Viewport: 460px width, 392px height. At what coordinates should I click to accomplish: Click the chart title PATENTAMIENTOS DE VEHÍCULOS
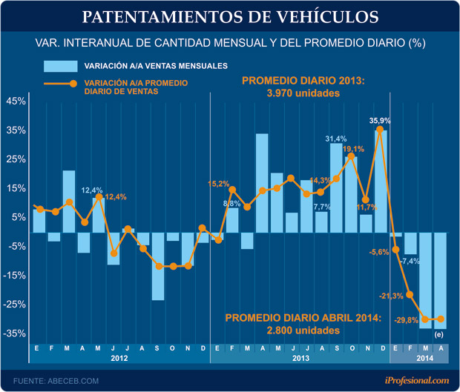229,17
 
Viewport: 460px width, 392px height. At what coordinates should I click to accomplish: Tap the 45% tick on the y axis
16,102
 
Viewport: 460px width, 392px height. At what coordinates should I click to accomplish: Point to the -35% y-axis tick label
15,333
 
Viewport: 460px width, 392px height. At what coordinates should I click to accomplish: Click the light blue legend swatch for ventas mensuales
60,66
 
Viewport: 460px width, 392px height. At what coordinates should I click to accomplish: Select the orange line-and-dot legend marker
60,83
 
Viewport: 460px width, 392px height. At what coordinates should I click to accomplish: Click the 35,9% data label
380,120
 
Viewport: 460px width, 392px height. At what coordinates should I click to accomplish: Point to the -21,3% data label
390,296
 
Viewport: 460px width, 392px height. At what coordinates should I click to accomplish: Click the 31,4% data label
336,139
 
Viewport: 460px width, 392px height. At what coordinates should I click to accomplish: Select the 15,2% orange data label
220,183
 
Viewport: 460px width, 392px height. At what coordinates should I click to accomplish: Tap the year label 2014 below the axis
419,358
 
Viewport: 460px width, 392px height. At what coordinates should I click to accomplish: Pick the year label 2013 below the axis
300,358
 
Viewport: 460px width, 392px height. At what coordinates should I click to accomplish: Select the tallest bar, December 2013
382,181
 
